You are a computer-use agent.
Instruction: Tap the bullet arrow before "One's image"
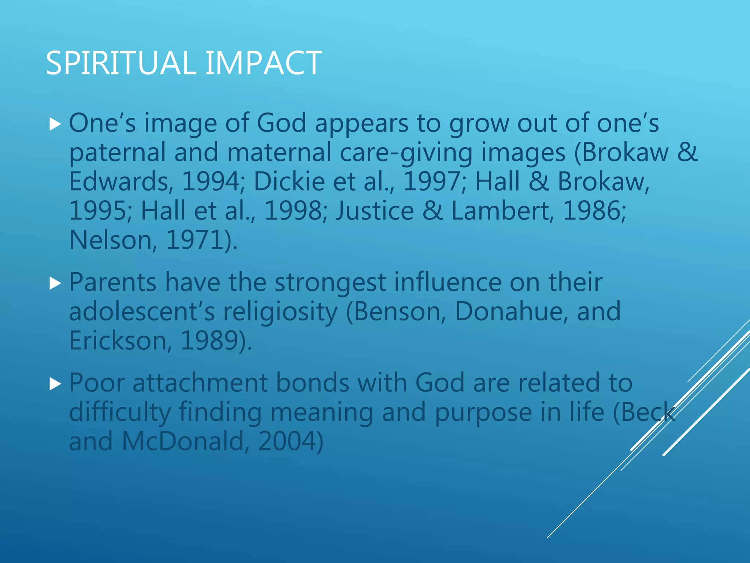[55, 125]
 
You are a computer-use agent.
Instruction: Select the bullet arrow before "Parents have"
[55, 283]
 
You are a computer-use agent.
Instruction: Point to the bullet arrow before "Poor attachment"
[55, 384]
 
